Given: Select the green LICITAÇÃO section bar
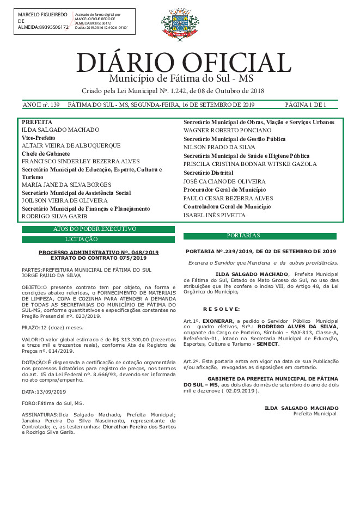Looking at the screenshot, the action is point(98,239).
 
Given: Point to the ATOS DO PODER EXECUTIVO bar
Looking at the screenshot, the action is point(98,229).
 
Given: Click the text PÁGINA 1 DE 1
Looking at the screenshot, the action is point(306,105).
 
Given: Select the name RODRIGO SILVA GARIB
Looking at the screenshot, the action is point(54,216).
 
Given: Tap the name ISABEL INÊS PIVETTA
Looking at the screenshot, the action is point(214,215).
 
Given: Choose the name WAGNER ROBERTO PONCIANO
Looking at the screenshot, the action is point(227,131).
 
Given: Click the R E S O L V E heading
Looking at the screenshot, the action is point(217,309).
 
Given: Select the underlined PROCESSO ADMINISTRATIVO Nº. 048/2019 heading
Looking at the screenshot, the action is point(99,253).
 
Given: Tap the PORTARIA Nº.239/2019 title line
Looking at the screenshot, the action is point(261,252).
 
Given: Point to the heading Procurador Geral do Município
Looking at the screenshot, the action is point(224,189).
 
